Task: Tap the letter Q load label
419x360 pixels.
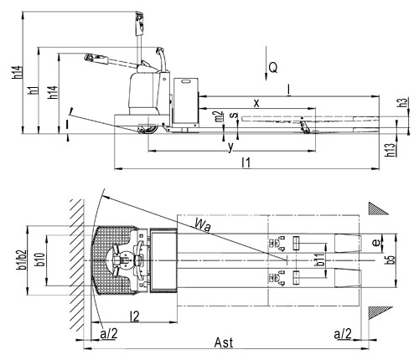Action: (x=273, y=68)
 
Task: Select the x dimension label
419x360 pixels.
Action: (x=256, y=103)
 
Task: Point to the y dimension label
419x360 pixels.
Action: (x=230, y=147)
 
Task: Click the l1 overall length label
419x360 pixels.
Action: (x=246, y=162)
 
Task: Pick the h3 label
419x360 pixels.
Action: (x=403, y=102)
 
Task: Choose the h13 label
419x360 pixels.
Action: (x=391, y=150)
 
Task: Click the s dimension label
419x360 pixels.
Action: (x=235, y=115)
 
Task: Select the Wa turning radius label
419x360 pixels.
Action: (x=203, y=225)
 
